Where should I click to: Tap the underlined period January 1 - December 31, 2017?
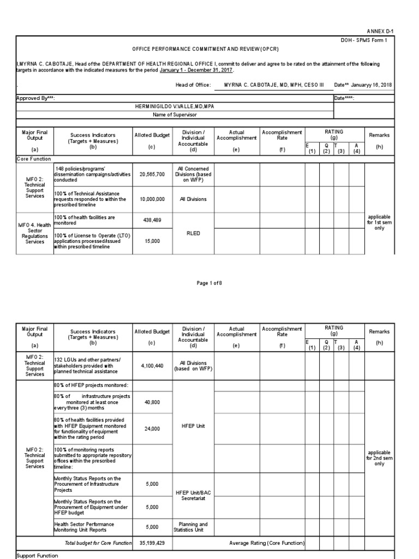(x=196, y=70)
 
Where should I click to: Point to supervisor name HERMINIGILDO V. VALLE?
(x=174, y=106)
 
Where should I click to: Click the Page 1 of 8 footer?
(x=209, y=283)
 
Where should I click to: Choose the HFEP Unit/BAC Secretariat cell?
(x=193, y=495)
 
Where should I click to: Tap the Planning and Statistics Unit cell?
(x=193, y=527)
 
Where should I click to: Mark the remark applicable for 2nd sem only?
(x=379, y=457)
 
